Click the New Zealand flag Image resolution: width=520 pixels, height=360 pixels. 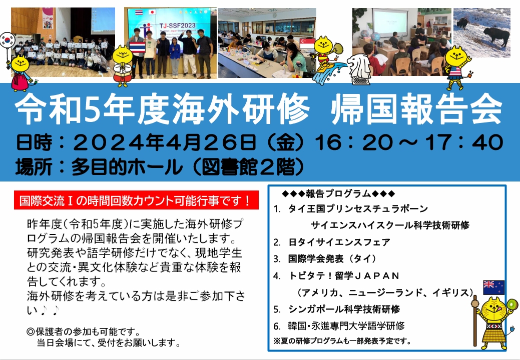pyautogui.click(x=494, y=287)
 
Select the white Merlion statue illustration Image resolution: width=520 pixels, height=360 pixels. pyautogui.click(x=359, y=69)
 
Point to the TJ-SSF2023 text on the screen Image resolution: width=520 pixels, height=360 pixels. pyautogui.click(x=178, y=25)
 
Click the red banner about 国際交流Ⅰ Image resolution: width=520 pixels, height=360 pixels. pyautogui.click(x=136, y=200)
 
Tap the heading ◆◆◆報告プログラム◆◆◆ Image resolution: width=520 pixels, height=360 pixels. pyautogui.click(x=338, y=193)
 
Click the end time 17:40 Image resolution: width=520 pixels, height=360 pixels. pyautogui.click(x=464, y=142)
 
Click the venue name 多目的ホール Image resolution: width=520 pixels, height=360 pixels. pyautogui.click(x=127, y=166)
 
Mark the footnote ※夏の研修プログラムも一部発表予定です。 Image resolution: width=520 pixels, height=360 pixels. pyautogui.click(x=342, y=341)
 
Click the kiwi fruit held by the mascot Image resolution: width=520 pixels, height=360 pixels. pyautogui.click(x=511, y=304)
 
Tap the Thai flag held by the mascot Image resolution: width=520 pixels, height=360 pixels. pyautogui.click(x=137, y=46)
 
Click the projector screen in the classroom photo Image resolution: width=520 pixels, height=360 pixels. pyautogui.click(x=390, y=22)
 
